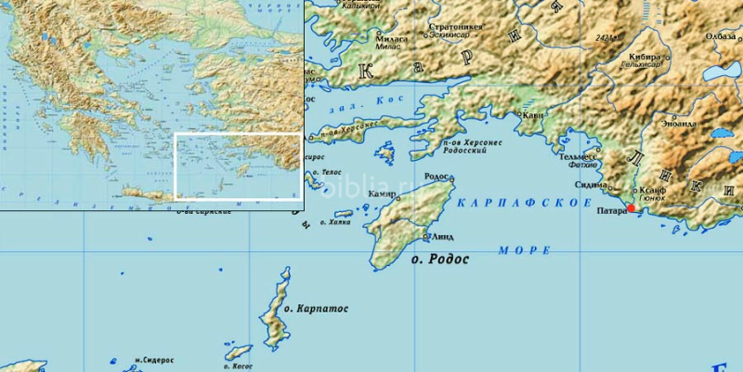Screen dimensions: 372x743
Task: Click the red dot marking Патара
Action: pyautogui.click(x=632, y=209)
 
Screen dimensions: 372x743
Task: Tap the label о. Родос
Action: pyautogui.click(x=440, y=259)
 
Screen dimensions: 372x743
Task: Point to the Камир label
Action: pyautogui.click(x=382, y=193)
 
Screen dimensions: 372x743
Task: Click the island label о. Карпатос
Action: pyautogui.click(x=316, y=308)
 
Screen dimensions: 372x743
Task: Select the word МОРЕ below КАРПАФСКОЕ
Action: pyautogui.click(x=525, y=250)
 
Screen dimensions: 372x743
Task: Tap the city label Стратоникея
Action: pyautogui.click(x=455, y=28)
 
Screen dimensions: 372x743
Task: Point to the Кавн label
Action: pyautogui.click(x=533, y=115)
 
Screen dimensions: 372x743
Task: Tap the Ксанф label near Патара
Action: pyautogui.click(x=653, y=189)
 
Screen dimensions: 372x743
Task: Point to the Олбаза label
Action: pyautogui.click(x=720, y=36)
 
